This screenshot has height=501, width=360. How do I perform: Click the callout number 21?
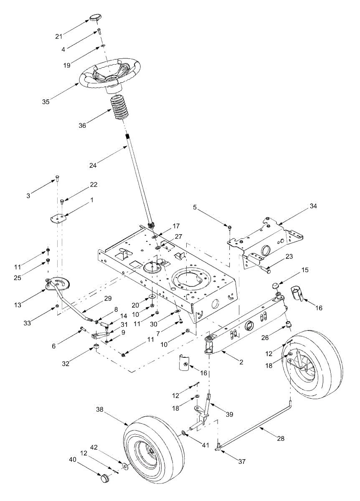coord(59,37)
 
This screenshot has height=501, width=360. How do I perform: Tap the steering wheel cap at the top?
coord(94,18)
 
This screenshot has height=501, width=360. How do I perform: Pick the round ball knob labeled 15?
coord(276,286)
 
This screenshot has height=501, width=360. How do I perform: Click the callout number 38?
coord(99,410)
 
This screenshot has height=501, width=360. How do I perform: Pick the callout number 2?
coord(241,362)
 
